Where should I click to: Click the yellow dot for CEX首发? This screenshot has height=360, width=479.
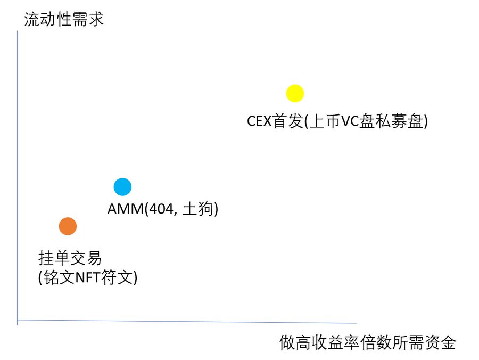click(x=295, y=93)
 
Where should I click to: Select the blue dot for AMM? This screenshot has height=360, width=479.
click(x=122, y=187)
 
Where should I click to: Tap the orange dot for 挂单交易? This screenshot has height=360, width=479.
click(x=68, y=226)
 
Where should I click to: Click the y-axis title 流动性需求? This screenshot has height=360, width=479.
click(x=64, y=20)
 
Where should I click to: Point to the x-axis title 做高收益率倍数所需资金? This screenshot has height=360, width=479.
click(x=368, y=342)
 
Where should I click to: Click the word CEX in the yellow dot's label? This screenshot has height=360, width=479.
click(x=260, y=121)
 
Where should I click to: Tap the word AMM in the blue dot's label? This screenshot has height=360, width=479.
click(x=123, y=209)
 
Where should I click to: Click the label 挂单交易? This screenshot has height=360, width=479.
click(x=70, y=259)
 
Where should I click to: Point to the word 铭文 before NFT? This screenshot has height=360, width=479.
click(x=59, y=277)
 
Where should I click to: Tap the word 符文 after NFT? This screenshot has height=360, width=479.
click(x=118, y=277)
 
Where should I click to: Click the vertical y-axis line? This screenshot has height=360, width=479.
click(x=17, y=176)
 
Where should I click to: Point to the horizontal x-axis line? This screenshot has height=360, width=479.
click(x=186, y=321)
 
